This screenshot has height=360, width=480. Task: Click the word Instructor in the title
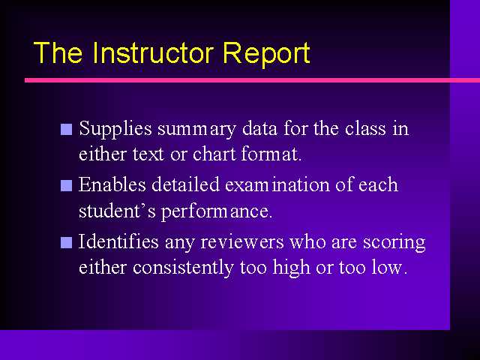[152, 52]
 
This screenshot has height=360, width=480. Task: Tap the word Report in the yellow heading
[266, 55]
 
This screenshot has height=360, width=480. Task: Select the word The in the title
[58, 52]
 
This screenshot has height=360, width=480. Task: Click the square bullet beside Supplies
[67, 130]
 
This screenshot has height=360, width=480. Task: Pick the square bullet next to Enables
[67, 186]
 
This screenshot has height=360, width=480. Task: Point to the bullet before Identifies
[67, 242]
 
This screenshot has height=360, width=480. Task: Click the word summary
[196, 130]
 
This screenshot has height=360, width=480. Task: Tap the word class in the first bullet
[365, 128]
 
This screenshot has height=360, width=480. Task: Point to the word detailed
[185, 184]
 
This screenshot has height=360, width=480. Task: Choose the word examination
[277, 184]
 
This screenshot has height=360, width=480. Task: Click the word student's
[117, 211]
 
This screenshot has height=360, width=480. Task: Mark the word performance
[217, 212]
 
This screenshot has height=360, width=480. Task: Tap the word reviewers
[242, 242]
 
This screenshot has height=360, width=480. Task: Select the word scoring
[394, 243]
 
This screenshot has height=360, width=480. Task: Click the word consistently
[183, 268]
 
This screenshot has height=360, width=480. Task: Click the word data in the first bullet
[259, 128]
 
